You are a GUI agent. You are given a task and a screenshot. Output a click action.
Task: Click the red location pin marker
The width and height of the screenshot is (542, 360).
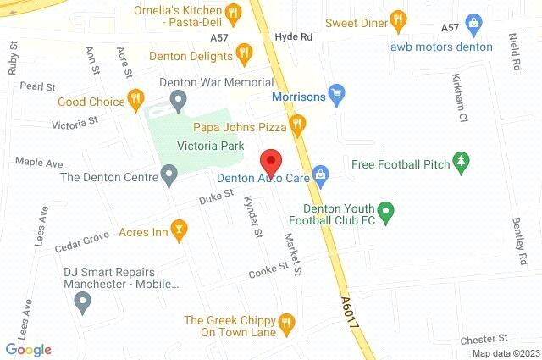270,160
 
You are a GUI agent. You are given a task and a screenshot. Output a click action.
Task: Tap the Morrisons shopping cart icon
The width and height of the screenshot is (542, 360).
336,93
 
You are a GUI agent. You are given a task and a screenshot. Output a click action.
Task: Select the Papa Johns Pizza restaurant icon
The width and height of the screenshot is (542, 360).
296,126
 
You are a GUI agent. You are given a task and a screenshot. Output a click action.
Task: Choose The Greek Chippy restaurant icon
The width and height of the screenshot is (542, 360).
285,322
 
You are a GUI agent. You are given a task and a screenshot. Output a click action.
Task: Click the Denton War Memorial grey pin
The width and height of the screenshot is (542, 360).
178,101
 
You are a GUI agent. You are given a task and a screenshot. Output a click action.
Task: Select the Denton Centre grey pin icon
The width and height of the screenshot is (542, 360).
169,176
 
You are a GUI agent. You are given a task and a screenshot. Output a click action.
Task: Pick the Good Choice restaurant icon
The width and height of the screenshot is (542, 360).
135,102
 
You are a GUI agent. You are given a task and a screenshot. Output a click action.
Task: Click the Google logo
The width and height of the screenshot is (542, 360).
28,349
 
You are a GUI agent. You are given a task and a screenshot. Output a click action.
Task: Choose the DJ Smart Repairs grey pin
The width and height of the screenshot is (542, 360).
82,301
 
